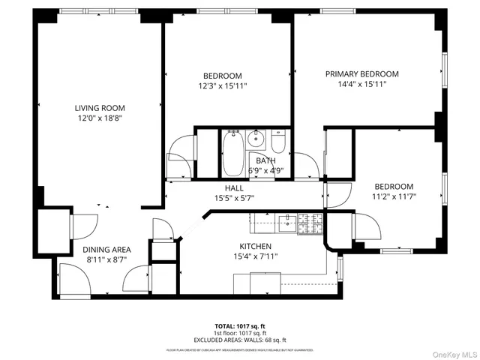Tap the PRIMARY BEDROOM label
(x=361, y=74)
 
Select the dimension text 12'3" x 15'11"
(x=223, y=86)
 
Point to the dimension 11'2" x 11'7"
(x=394, y=196)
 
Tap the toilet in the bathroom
(x=278, y=142)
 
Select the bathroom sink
(x=256, y=138)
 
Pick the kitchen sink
(x=286, y=220)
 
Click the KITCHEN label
(x=255, y=246)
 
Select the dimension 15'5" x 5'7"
(x=235, y=198)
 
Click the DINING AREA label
(x=106, y=250)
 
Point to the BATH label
(x=265, y=160)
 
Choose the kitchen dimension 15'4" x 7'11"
(x=255, y=256)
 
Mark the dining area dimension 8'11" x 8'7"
(x=106, y=260)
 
